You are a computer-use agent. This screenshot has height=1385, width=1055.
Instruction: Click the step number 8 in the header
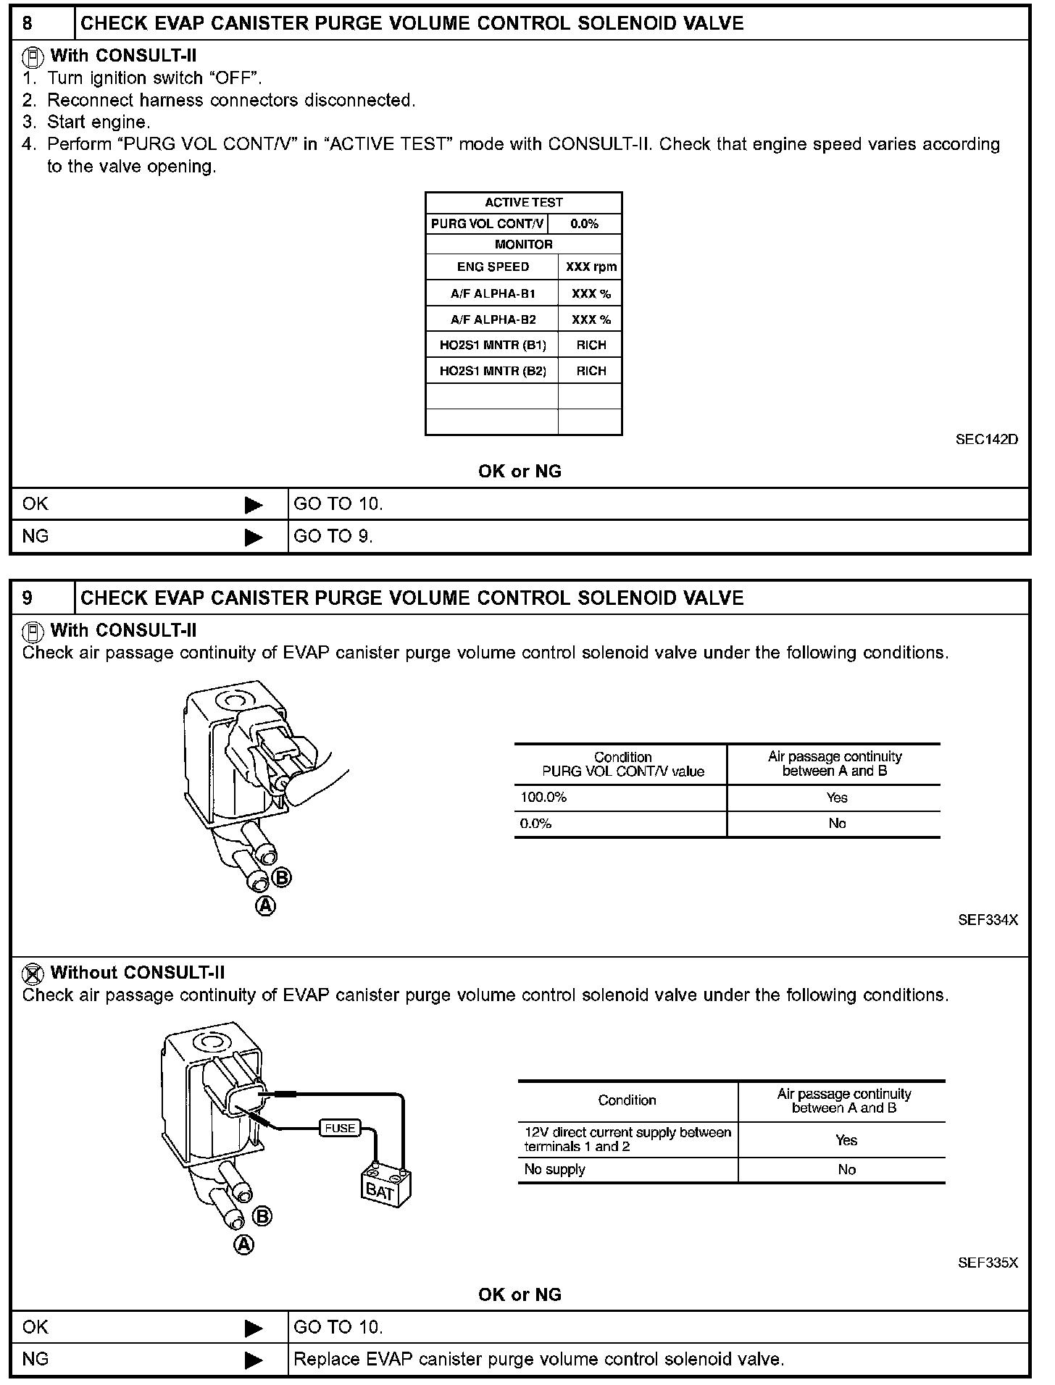coord(28,23)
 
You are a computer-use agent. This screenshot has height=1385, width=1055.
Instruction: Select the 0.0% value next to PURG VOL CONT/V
coord(584,224)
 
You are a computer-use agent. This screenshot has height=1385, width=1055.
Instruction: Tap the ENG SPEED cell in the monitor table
coord(493,267)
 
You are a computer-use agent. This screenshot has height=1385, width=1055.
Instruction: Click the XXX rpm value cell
coord(591,267)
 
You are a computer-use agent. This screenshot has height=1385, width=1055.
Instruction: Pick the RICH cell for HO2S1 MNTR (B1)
coord(591,345)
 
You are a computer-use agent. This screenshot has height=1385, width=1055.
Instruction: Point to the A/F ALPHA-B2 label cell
coord(493,319)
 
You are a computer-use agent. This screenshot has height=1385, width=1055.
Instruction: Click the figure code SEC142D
coord(986,440)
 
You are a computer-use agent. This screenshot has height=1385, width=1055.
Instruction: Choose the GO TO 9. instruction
coord(333,536)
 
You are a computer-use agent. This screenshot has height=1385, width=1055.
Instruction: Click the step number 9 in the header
coord(28,598)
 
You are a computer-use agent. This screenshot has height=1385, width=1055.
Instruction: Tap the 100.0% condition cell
coord(543,798)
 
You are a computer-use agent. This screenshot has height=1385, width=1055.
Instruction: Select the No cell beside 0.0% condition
coord(837,824)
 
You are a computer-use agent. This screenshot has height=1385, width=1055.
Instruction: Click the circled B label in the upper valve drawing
coord(282,878)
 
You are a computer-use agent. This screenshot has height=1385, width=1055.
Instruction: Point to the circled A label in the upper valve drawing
coord(266,905)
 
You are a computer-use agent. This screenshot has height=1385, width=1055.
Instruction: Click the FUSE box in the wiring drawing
coord(340,1128)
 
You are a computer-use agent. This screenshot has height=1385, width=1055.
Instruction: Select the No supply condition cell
coord(555,1169)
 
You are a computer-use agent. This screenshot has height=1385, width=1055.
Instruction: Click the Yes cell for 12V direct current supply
coord(846,1140)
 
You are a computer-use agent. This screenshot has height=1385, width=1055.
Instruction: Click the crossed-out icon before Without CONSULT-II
coord(33,973)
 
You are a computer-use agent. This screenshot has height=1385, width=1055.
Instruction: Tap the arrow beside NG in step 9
coord(254,1360)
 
